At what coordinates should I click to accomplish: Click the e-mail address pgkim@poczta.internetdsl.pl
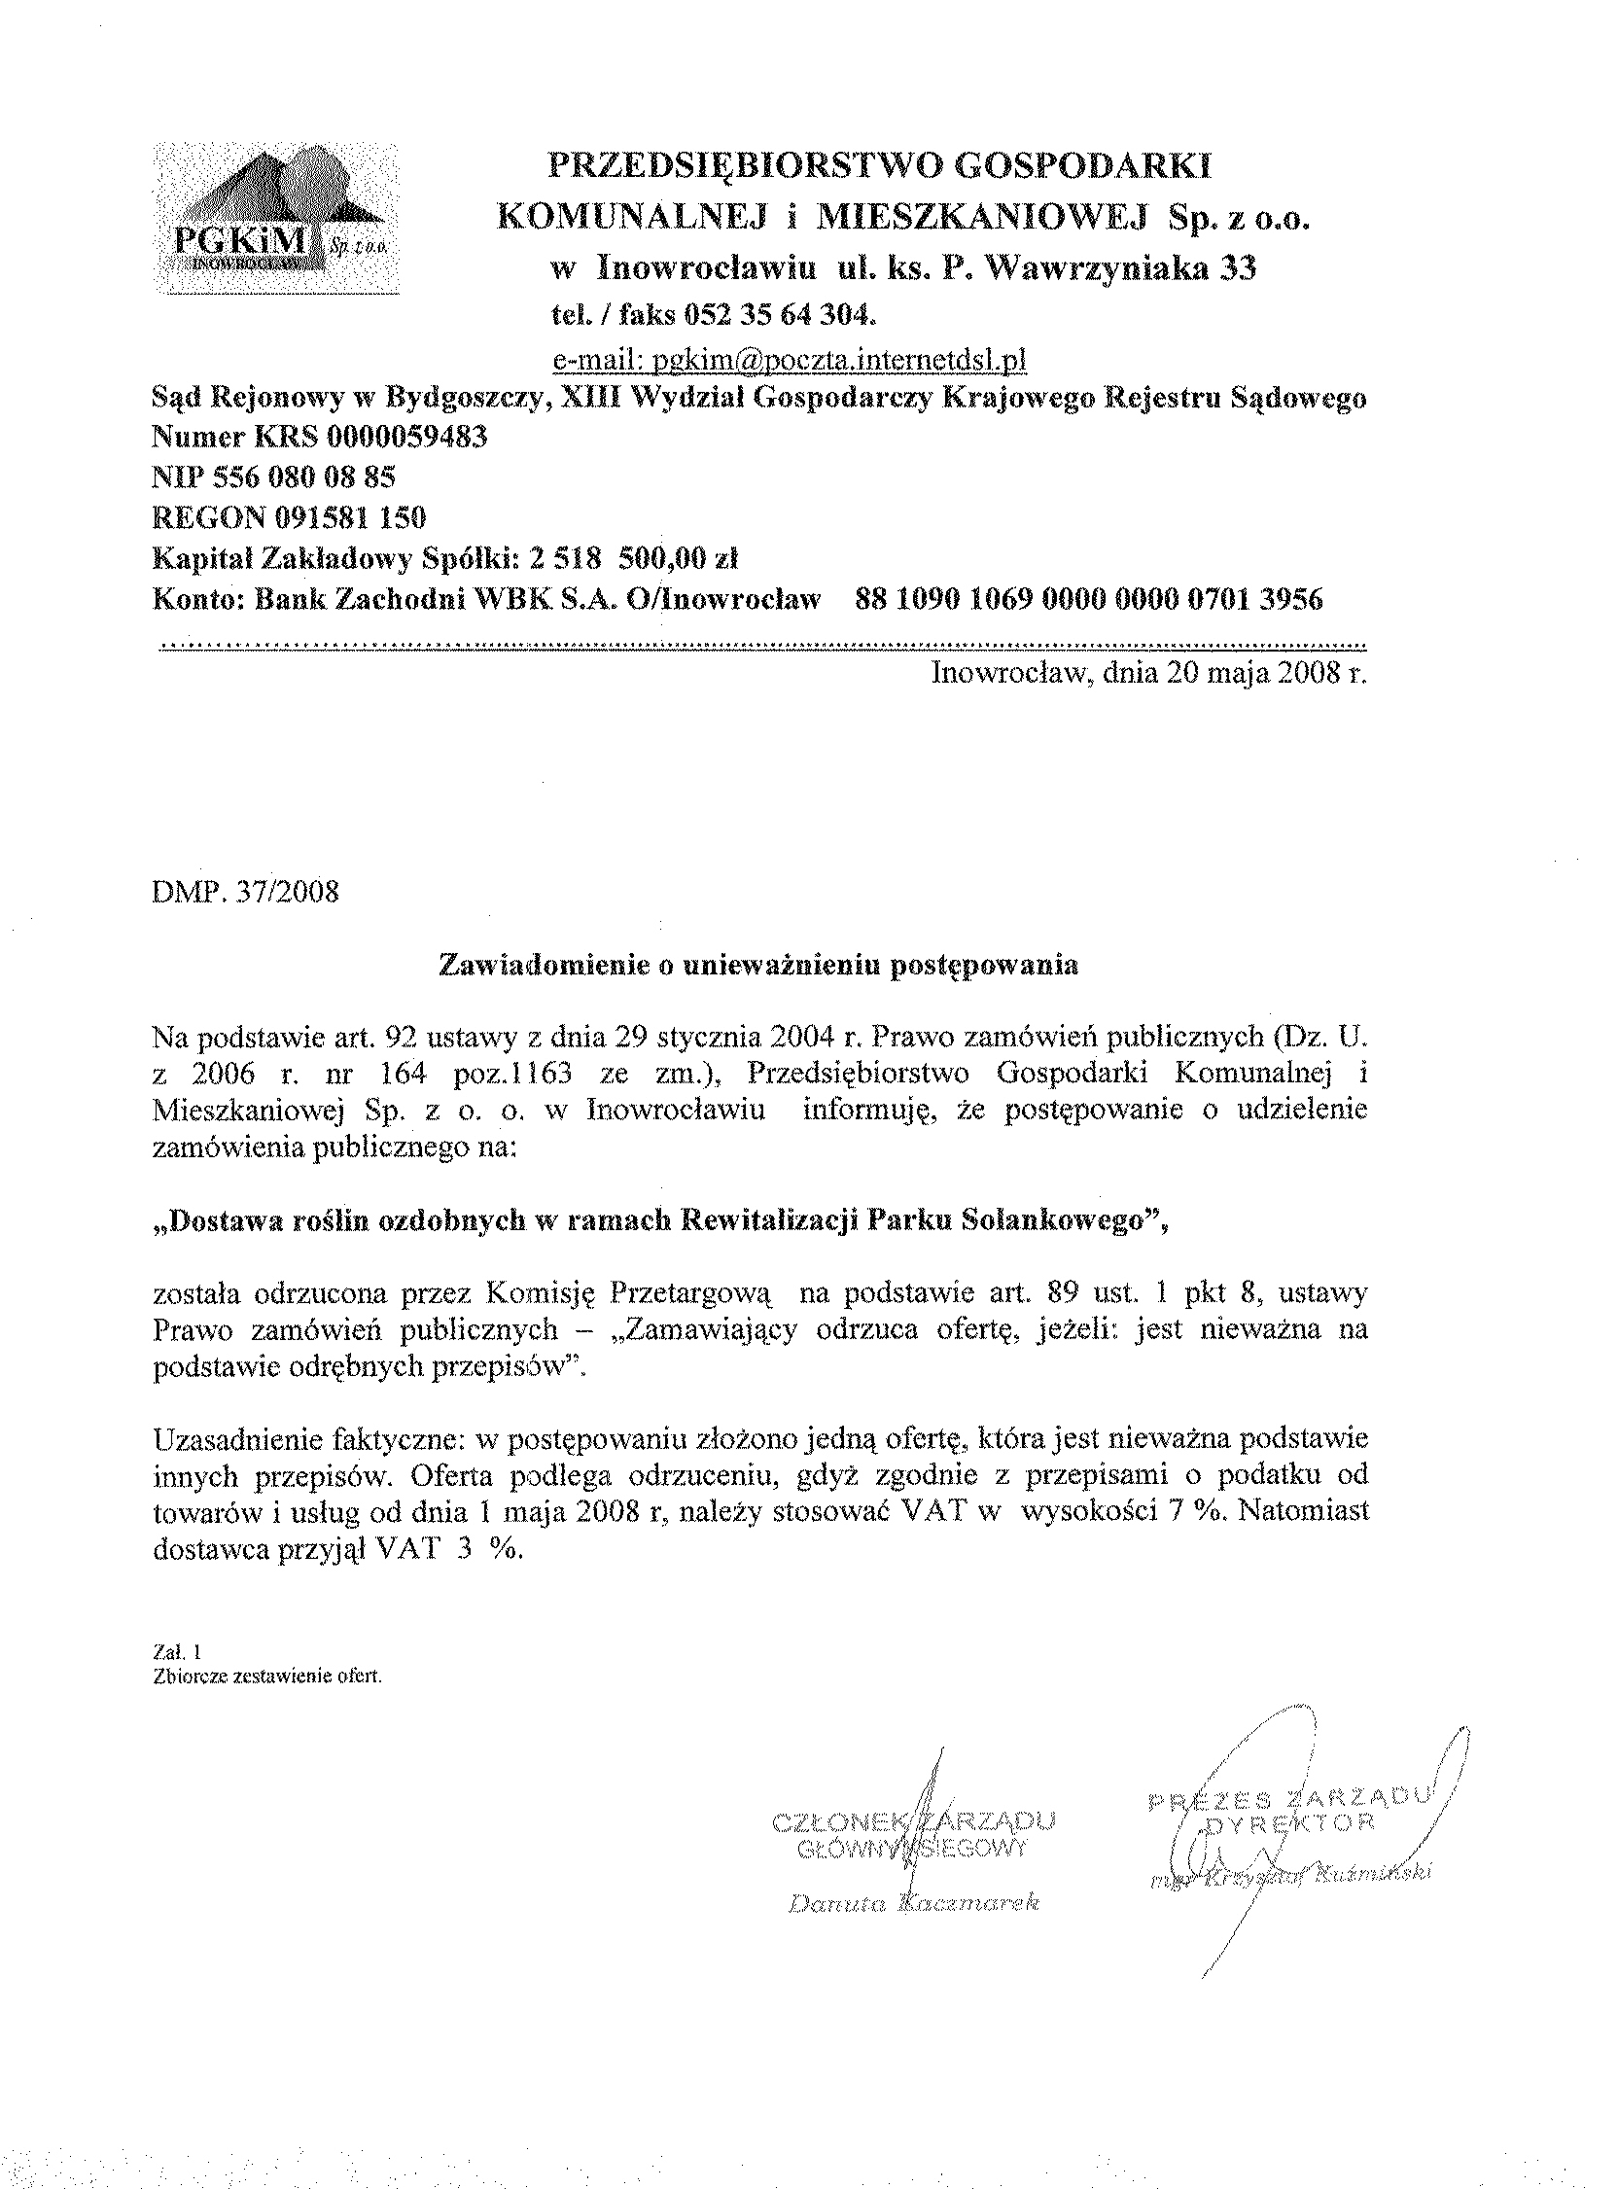pyautogui.click(x=790, y=361)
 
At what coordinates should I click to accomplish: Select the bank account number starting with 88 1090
pyautogui.click(x=1089, y=598)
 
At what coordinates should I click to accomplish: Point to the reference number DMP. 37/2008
pyautogui.click(x=246, y=893)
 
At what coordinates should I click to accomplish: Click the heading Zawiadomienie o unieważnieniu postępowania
pyautogui.click(x=759, y=965)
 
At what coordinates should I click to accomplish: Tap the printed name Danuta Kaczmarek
pyautogui.click(x=913, y=1903)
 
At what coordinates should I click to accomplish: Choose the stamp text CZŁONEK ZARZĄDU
pyautogui.click(x=914, y=1822)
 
